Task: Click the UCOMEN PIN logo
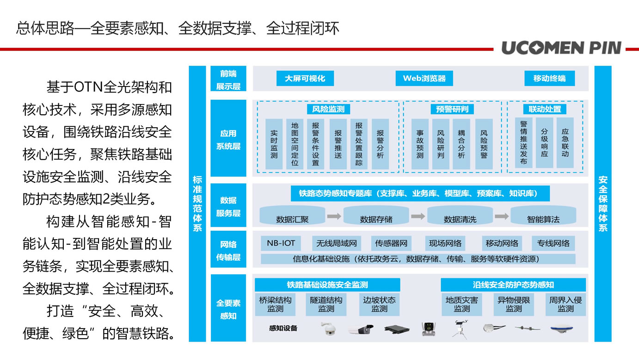tap(561, 48)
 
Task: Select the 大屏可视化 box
tap(305, 78)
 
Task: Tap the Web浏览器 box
tap(424, 78)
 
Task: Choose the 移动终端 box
tap(549, 78)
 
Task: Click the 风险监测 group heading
tap(328, 109)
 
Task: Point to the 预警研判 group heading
tap(452, 109)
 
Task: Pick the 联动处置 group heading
tap(545, 109)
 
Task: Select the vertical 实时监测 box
tap(274, 144)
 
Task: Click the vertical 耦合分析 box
tap(461, 144)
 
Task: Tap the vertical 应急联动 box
tap(565, 143)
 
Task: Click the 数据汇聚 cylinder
tap(292, 215)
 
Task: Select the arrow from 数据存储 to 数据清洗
tap(418, 217)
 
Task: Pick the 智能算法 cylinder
tap(543, 215)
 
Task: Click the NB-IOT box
tap(281, 243)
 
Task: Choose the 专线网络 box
tap(553, 243)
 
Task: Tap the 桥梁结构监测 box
tap(275, 304)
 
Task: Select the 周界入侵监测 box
tap(565, 304)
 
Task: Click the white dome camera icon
tap(328, 329)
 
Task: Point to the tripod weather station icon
tap(460, 329)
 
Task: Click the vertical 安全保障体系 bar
tap(603, 204)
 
